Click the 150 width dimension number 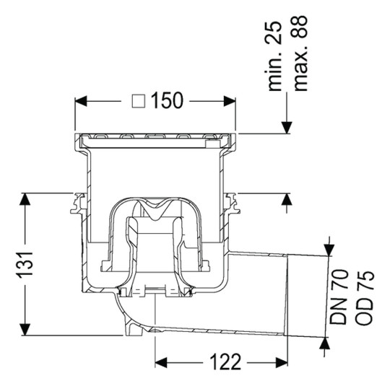[167, 100]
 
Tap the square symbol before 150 [139, 101]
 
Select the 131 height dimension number [25, 264]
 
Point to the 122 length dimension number [225, 362]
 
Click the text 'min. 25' [274, 56]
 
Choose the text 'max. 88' [300, 53]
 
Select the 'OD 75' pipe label [364, 297]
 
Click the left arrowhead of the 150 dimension [81, 101]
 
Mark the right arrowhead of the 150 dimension [230, 101]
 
